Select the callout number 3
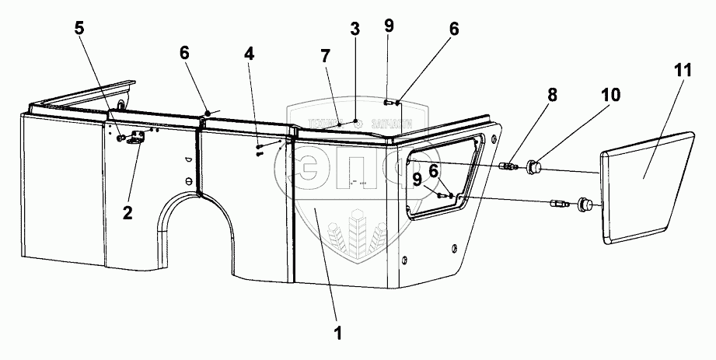tap(355, 32)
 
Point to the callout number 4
tap(248, 55)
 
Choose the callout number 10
tap(610, 95)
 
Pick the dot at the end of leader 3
tap(355, 121)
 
